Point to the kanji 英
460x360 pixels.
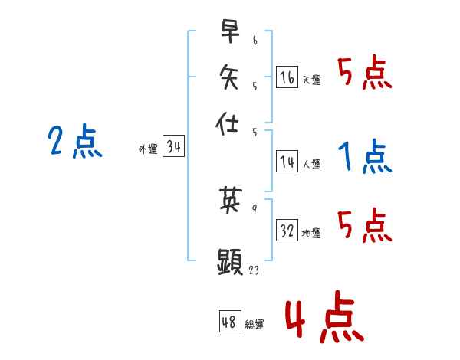tap(230, 201)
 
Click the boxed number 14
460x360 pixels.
tap(287, 161)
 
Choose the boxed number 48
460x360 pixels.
tap(229, 322)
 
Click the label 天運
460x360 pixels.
tap(312, 80)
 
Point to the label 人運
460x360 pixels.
tap(312, 163)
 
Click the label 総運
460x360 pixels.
tap(255, 325)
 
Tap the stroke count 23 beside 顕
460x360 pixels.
tap(254, 270)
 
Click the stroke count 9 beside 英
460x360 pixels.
tap(254, 208)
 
